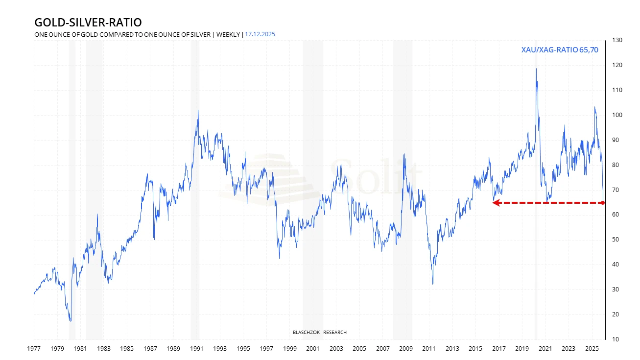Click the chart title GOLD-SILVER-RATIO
(x=88, y=23)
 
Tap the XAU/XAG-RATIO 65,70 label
(x=560, y=49)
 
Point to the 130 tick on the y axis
(x=616, y=40)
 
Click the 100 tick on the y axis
(x=616, y=115)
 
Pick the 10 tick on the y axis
(x=615, y=339)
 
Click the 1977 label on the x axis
(x=34, y=349)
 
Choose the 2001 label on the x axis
(x=313, y=349)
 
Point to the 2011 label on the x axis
(x=429, y=349)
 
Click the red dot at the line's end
(x=602, y=203)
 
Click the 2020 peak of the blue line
(x=536, y=69)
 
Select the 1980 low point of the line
(x=71, y=321)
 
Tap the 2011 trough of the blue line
(x=433, y=284)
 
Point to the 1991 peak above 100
(x=198, y=110)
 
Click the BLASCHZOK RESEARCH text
(x=319, y=333)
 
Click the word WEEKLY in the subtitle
(x=228, y=34)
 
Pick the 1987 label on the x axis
(x=150, y=349)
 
